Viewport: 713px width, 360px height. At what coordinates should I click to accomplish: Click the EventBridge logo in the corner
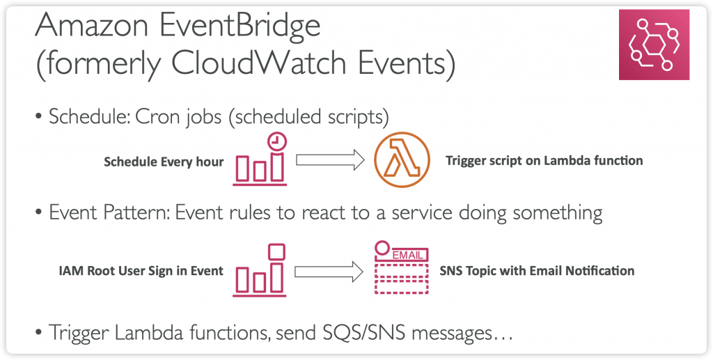click(654, 45)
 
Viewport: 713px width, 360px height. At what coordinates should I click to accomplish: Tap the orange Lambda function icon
click(402, 160)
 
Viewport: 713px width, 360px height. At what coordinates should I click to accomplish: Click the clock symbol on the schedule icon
click(276, 142)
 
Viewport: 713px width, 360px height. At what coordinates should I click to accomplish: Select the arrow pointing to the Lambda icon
click(330, 160)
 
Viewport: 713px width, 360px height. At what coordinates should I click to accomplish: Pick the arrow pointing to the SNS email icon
click(329, 272)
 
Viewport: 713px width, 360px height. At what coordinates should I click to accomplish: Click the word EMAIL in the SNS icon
click(407, 255)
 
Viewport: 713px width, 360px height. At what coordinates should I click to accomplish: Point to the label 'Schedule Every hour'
click(164, 162)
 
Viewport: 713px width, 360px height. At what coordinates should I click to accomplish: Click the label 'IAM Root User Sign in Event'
click(141, 272)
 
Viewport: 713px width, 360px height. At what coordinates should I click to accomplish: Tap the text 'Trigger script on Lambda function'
click(544, 160)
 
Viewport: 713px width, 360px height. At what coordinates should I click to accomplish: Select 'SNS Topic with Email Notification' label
click(537, 271)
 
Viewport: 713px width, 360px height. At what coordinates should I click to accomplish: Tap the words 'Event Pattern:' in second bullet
click(109, 213)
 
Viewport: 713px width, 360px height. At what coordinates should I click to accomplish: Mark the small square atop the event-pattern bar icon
click(276, 252)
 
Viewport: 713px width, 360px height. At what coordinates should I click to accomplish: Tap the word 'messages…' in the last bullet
click(456, 334)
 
